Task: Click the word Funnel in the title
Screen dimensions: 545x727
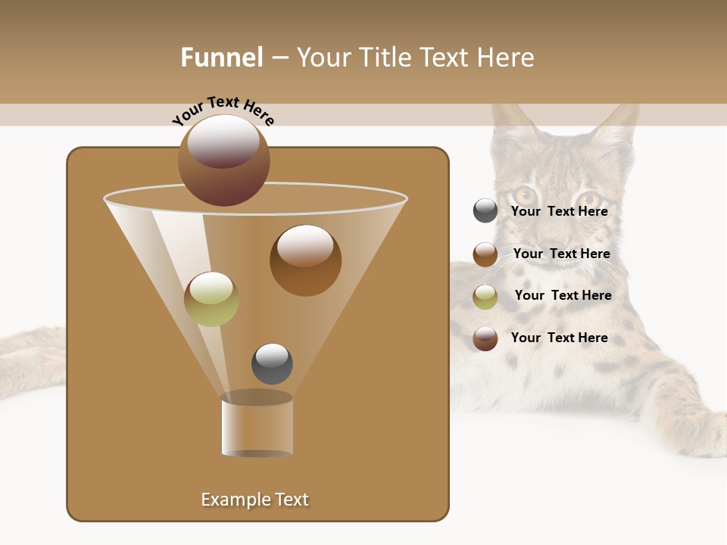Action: [x=222, y=58]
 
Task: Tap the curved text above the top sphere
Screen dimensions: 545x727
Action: [x=223, y=111]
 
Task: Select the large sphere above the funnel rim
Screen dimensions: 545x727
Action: [x=223, y=160]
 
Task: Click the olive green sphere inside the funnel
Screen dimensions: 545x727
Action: [x=211, y=299]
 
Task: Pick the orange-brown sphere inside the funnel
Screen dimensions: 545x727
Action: [x=305, y=260]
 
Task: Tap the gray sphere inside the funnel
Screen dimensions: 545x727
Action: [x=272, y=363]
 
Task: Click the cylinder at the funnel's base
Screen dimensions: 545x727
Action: [x=257, y=426]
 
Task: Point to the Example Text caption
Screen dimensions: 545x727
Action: [x=255, y=500]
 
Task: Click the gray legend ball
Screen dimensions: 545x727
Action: [x=485, y=211]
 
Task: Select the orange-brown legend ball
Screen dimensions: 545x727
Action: [x=485, y=254]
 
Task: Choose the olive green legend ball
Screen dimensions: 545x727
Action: [x=485, y=296]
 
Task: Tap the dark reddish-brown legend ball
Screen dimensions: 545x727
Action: [x=485, y=338]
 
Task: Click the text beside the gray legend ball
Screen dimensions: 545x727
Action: [x=559, y=212]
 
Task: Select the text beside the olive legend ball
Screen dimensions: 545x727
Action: [x=563, y=296]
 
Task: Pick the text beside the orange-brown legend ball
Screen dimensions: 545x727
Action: [x=561, y=254]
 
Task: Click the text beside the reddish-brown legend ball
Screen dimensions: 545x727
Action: [x=559, y=338]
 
